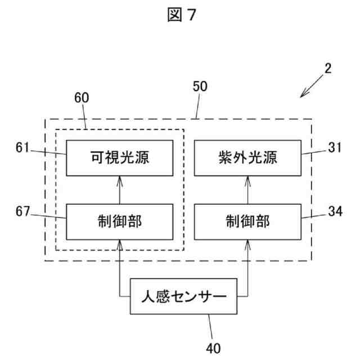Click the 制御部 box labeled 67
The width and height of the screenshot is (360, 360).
tap(119, 221)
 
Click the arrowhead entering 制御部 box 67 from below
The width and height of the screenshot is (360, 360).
tap(119, 242)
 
